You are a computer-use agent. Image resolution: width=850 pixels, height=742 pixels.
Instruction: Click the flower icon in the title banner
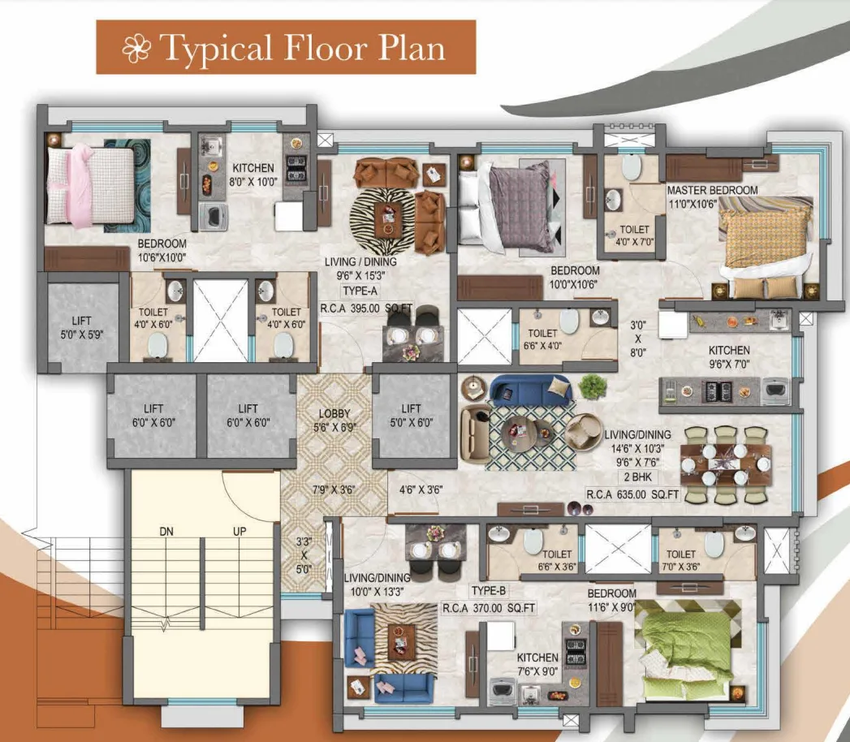click(137, 49)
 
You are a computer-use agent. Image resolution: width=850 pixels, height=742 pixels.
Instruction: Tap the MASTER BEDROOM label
click(712, 190)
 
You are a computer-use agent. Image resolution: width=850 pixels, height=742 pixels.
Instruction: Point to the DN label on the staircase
click(167, 531)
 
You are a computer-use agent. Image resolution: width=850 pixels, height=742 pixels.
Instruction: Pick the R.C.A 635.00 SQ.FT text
click(632, 493)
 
